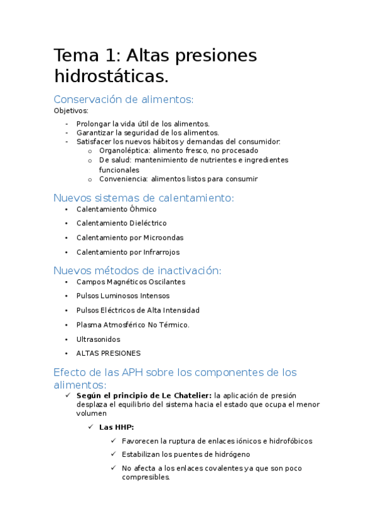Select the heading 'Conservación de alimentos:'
coord(124,99)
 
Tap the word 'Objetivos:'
coord(71,111)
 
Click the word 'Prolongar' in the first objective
coord(93,124)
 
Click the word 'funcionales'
coord(119,169)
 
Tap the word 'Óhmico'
coord(143,209)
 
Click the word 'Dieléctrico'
coord(148,223)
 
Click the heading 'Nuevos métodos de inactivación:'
coord(137,270)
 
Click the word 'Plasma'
coord(88,325)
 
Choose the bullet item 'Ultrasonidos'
coord(98,339)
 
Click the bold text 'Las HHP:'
coord(116,427)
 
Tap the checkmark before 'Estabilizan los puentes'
coord(114,454)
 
